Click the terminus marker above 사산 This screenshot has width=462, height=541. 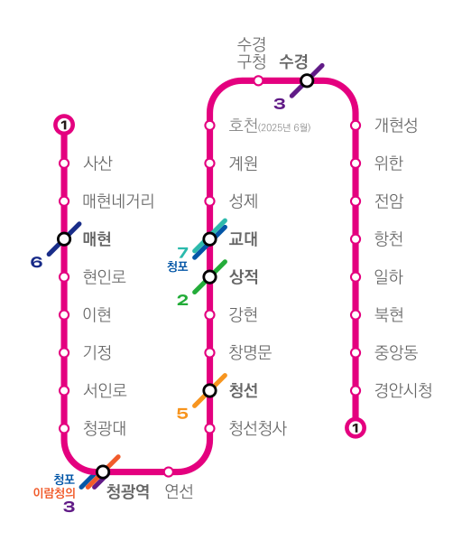click(x=64, y=125)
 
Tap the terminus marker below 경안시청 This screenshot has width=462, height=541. click(x=356, y=428)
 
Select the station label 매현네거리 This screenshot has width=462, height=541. click(x=118, y=201)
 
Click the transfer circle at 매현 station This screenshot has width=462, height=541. click(x=64, y=238)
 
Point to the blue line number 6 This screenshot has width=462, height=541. click(x=37, y=262)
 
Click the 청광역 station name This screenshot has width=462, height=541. click(x=128, y=491)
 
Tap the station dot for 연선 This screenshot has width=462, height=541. click(x=168, y=471)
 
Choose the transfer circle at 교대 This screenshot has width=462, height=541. click(x=209, y=238)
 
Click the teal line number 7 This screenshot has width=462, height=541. click(x=183, y=253)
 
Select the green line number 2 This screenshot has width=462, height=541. click(x=183, y=300)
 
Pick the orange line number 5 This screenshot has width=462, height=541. click(x=183, y=414)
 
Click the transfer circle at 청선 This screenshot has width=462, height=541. click(x=209, y=390)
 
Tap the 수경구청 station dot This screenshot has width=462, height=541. click(x=258, y=80)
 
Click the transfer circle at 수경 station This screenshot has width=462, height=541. click(x=307, y=80)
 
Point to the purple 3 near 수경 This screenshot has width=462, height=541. click(x=280, y=104)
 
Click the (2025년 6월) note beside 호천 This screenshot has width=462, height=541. click(x=284, y=127)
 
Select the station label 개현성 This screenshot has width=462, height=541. click(x=396, y=125)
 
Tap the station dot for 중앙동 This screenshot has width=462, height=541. click(x=356, y=352)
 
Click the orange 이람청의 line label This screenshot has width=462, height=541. click(x=54, y=493)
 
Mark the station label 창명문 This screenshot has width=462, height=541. click(x=250, y=352)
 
